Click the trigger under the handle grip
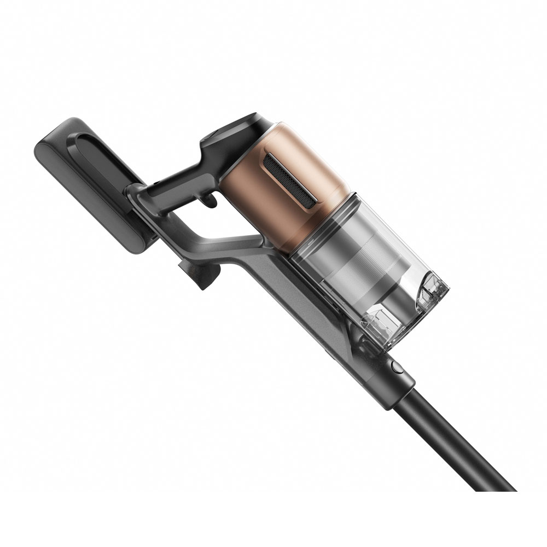[210, 202]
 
